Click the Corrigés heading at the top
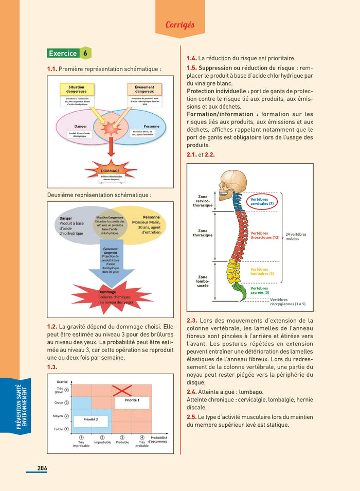click(180, 25)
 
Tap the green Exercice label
click(63, 53)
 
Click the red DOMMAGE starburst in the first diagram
click(110, 172)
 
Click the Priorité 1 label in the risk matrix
click(128, 399)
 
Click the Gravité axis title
click(62, 382)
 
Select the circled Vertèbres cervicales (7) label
click(262, 201)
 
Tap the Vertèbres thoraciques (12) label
click(265, 235)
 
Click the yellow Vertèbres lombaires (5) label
click(262, 271)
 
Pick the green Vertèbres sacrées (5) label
click(260, 290)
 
